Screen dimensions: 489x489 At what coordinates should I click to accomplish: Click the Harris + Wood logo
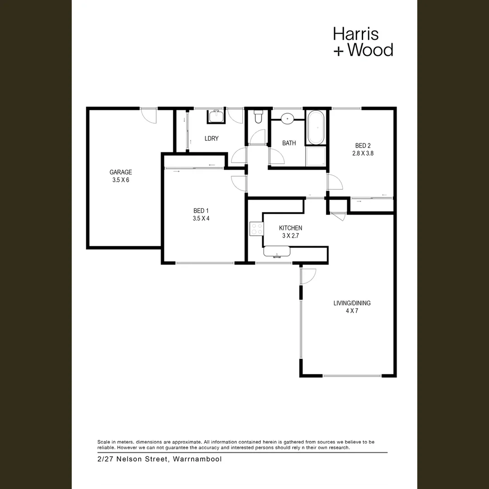pos(363,42)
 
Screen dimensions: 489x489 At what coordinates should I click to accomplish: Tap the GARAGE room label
pos(120,172)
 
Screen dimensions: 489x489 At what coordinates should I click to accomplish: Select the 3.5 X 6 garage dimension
pos(120,180)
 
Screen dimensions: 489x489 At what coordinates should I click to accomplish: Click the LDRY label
pos(211,139)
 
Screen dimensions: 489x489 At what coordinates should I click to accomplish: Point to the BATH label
pos(289,143)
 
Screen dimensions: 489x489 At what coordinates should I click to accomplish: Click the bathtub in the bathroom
pos(316,127)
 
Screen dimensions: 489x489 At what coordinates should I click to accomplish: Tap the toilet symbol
pos(258,117)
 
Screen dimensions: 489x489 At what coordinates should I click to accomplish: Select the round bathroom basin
pos(287,119)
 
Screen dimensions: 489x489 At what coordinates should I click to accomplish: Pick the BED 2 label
pos(363,145)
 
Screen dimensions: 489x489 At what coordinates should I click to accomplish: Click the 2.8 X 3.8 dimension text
pos(363,153)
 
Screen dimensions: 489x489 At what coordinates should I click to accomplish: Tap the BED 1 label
pos(201,211)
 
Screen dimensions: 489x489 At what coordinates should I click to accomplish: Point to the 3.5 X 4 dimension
pos(201,218)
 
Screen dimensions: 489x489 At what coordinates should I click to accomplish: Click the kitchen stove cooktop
pos(257,229)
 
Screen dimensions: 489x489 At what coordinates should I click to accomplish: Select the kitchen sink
pos(276,252)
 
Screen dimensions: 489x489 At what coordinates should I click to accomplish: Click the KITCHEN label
pos(290,228)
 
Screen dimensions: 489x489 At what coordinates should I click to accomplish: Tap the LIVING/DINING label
pos(353,303)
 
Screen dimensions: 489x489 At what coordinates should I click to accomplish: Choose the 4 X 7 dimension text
pos(353,311)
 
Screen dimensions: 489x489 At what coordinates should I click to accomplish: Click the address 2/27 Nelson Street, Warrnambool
pos(159,459)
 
